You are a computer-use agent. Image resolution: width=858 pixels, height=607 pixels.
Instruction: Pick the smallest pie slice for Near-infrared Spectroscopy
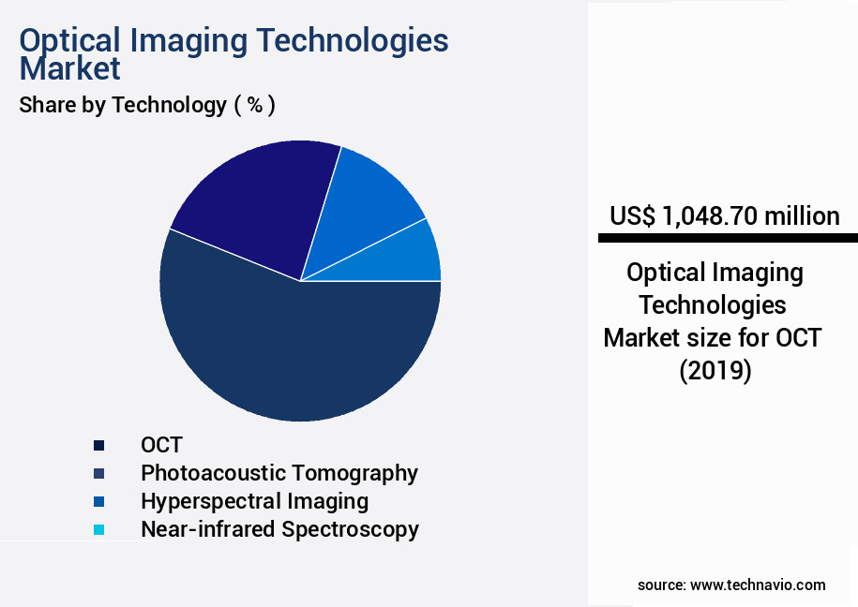(x=413, y=258)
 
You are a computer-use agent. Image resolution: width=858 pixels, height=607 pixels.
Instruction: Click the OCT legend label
(x=161, y=445)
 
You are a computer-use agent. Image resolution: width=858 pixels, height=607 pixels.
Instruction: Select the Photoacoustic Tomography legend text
(x=279, y=473)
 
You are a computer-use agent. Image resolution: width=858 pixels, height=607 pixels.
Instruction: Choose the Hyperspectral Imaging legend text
(x=254, y=501)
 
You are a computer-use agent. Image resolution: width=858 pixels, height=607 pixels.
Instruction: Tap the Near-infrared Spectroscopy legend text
(x=279, y=529)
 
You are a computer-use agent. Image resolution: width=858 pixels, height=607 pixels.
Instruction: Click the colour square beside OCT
(x=98, y=445)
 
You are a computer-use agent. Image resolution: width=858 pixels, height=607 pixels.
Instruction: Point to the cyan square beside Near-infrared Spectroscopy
(x=98, y=530)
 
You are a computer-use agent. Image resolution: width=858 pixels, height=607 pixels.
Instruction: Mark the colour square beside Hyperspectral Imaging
(x=98, y=502)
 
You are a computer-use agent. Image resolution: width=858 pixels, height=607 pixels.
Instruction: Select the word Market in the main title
(x=70, y=68)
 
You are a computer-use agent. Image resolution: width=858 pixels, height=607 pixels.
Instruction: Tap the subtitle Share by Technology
(x=122, y=105)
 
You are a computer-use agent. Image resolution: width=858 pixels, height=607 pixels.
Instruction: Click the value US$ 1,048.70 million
(x=724, y=216)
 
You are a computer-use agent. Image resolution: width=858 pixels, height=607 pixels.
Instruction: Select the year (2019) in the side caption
(x=715, y=370)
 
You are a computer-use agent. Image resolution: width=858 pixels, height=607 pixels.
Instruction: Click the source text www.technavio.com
(x=758, y=585)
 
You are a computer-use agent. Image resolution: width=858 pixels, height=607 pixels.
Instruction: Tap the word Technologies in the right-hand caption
(x=713, y=305)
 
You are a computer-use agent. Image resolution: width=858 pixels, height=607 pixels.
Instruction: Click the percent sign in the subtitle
(x=254, y=105)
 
